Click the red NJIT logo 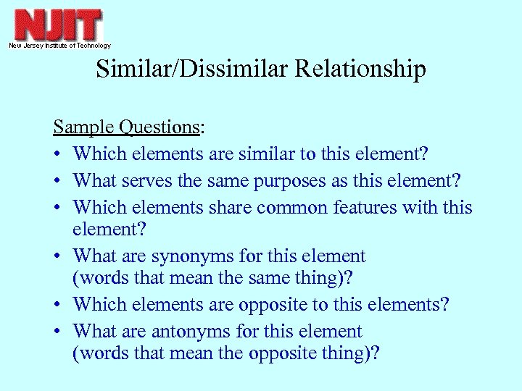tap(58, 25)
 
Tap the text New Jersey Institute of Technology tap(59, 46)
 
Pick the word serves tap(155, 180)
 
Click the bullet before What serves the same tap(57, 180)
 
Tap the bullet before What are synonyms tap(57, 256)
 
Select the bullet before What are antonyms tap(57, 332)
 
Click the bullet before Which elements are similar tap(57, 154)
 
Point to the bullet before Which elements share tap(57, 209)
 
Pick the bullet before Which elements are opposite tap(57, 304)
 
